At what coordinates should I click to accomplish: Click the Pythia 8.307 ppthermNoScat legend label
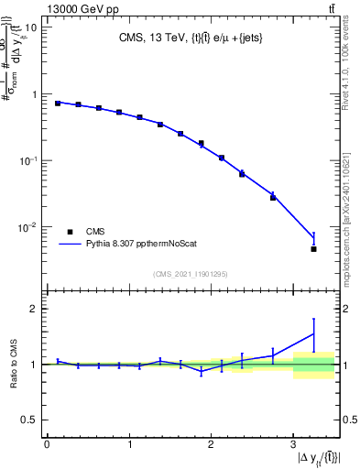coord(146,245)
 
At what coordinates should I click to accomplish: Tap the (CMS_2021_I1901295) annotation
coord(192,274)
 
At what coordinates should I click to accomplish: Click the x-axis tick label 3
coord(292,446)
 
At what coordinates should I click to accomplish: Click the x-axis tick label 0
coord(47,446)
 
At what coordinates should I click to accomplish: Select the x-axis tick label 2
coord(211,446)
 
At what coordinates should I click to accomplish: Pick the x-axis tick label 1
coord(128,446)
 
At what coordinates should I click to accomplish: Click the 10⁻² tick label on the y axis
coord(27,227)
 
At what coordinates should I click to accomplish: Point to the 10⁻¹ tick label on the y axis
coord(27,160)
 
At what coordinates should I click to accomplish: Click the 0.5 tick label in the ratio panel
coord(29,420)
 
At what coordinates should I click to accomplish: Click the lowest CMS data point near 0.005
coord(313,249)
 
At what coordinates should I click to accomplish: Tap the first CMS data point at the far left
coord(57,104)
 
